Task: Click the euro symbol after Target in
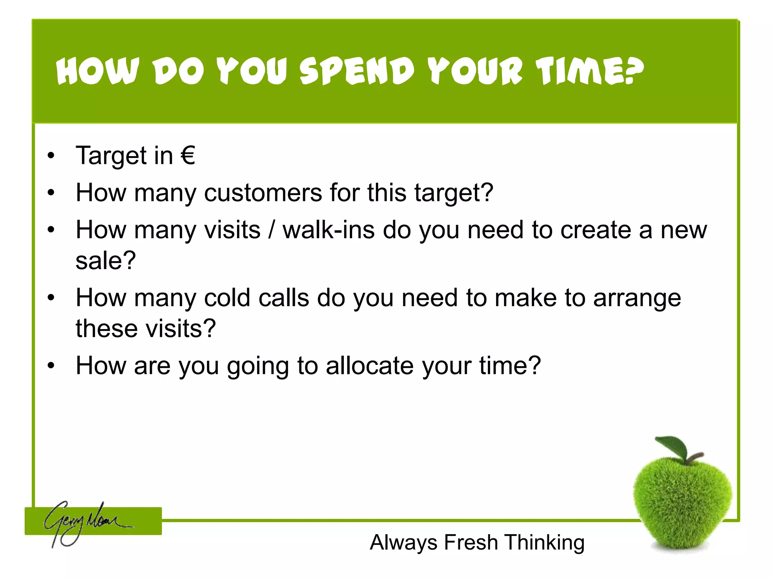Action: (188, 155)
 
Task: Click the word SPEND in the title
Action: (357, 71)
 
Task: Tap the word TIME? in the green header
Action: (590, 71)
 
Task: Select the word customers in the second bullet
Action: (263, 193)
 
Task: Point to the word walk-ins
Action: (329, 230)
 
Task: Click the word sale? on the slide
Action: (106, 260)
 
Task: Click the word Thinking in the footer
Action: (545, 543)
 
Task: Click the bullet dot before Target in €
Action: (51, 156)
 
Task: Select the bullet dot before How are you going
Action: (51, 366)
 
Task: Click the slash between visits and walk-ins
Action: (271, 230)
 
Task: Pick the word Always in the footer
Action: (403, 543)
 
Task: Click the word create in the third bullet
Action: (596, 230)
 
